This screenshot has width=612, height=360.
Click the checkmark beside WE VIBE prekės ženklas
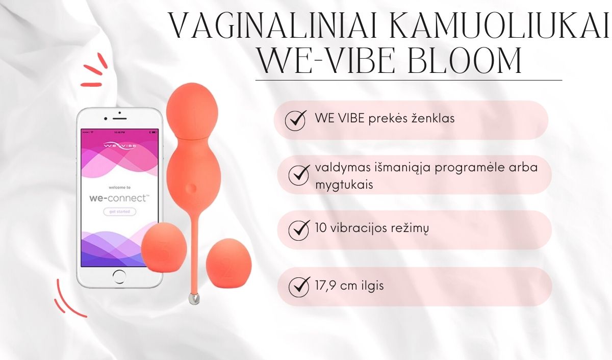pos(296,119)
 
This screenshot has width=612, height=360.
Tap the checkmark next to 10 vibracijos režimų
pos(299,229)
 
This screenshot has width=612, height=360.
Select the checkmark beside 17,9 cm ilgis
pos(299,286)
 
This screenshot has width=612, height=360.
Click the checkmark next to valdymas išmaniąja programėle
pos(299,174)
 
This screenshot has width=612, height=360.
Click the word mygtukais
pos(344,185)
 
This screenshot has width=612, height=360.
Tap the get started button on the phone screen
pos(119,212)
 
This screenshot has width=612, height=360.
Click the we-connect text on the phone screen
pos(119,198)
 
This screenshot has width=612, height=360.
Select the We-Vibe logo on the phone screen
pos(119,146)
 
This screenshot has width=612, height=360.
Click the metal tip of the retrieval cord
pos(194,298)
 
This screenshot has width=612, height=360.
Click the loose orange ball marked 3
pos(164,247)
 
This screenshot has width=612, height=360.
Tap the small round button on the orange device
pos(191,188)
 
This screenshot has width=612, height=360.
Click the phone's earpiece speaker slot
pos(120,119)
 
